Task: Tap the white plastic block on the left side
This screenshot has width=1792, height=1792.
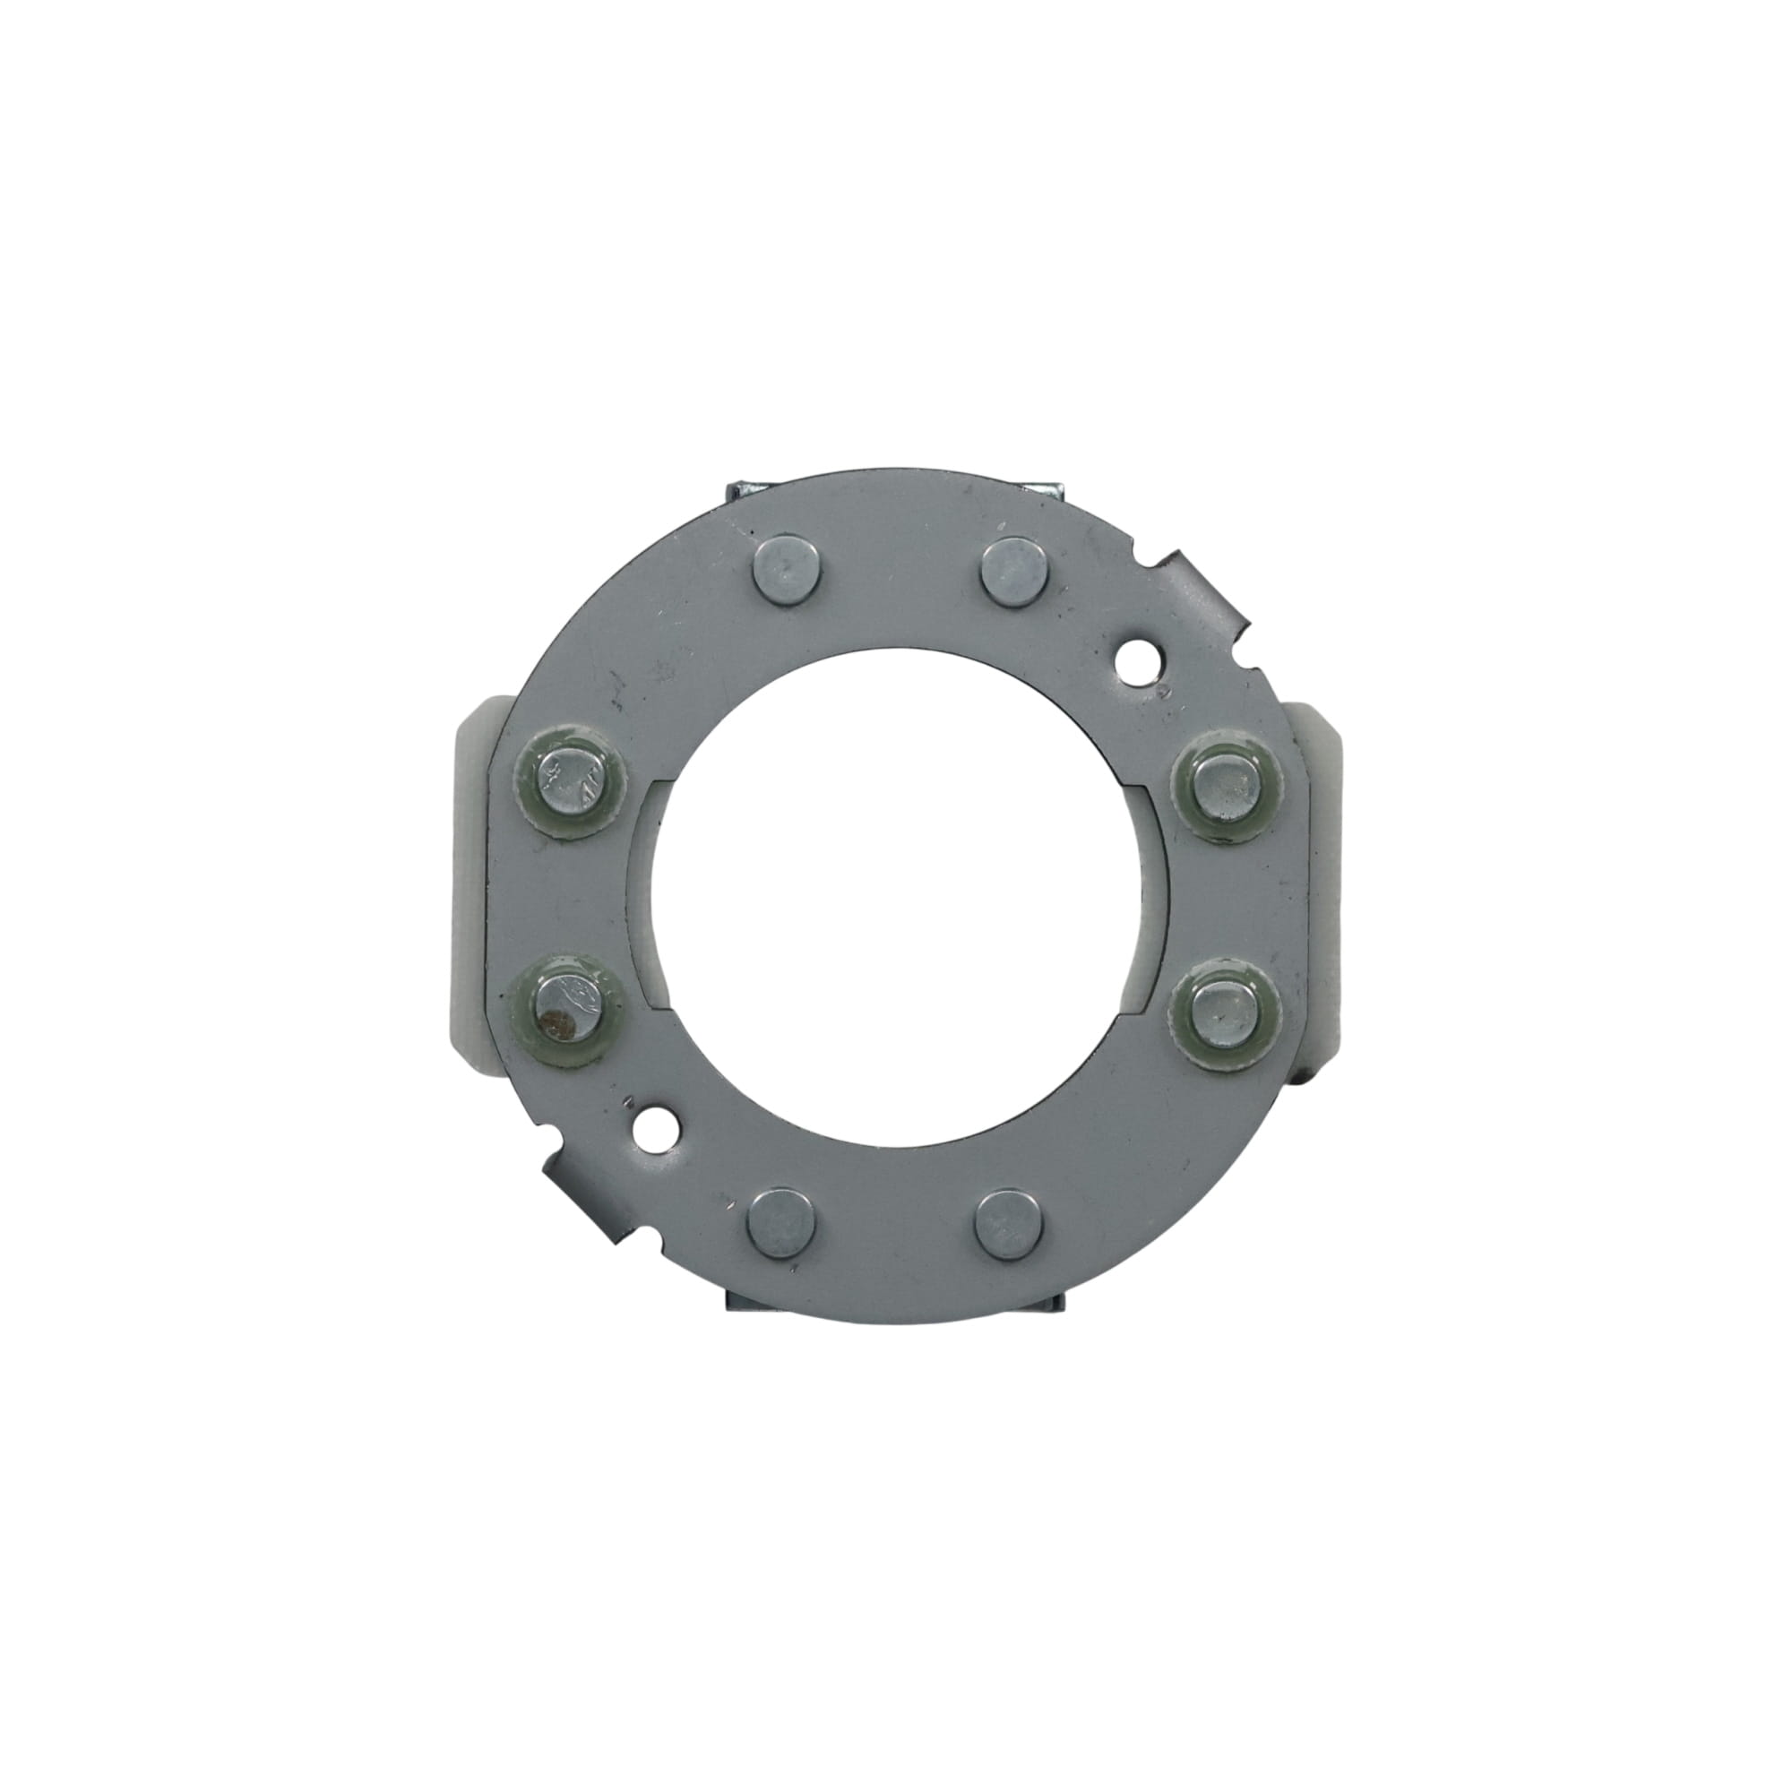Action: [x=477, y=891]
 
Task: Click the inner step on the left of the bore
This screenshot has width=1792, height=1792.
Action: [x=649, y=896]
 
